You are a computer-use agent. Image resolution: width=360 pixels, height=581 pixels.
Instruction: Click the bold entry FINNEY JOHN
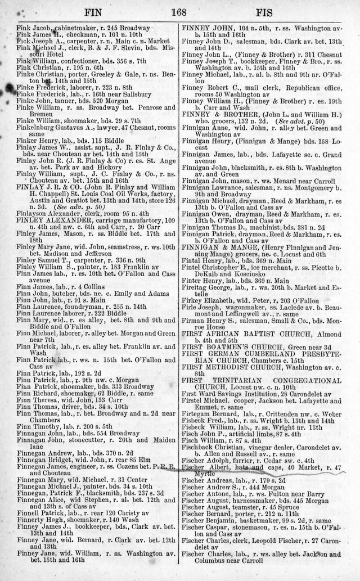(206, 28)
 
